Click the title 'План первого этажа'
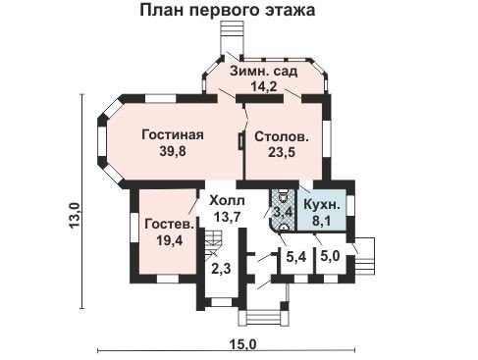(x=228, y=10)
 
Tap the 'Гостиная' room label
(x=173, y=134)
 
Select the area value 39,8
(x=173, y=151)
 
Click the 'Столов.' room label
(x=282, y=136)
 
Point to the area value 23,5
(x=282, y=152)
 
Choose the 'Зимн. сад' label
(x=263, y=71)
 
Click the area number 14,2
(x=264, y=86)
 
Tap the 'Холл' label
(x=227, y=200)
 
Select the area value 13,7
(x=227, y=216)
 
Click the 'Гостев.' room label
(x=170, y=225)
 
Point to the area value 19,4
(x=170, y=240)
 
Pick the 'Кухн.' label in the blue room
(x=322, y=205)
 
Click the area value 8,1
(x=322, y=221)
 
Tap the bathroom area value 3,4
(x=283, y=212)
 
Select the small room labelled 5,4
(x=296, y=257)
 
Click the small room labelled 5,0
(x=330, y=257)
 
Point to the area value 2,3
(x=221, y=269)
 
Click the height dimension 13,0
(x=75, y=215)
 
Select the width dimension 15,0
(x=242, y=344)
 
